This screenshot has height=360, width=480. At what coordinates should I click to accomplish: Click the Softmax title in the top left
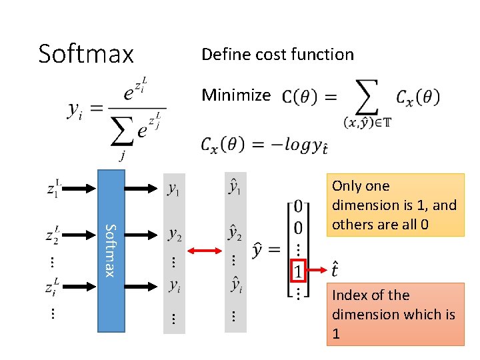point(86,53)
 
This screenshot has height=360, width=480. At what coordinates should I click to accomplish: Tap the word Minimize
point(236,95)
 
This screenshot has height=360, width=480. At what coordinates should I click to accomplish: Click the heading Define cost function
point(277,55)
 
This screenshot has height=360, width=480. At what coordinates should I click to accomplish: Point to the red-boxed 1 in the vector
point(299,271)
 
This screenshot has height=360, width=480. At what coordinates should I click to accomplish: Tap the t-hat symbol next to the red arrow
point(336,270)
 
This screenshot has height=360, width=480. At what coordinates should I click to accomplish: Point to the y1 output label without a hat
point(173,190)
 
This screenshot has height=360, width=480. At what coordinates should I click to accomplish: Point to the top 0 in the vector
point(299,206)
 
